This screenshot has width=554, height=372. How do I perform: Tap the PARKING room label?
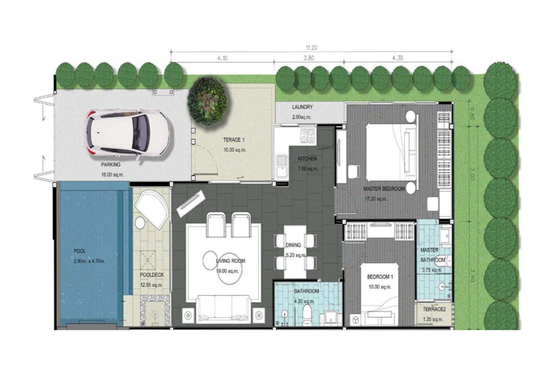pyautogui.click(x=111, y=165)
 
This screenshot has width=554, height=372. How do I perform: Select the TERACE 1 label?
pyautogui.click(x=234, y=141)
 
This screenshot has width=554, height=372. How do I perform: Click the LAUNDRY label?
pyautogui.click(x=302, y=107)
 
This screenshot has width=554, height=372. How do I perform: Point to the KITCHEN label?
pyautogui.click(x=307, y=159)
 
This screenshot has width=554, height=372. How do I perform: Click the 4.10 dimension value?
pyautogui.click(x=223, y=58)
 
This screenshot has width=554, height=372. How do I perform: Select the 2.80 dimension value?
pyautogui.click(x=309, y=58)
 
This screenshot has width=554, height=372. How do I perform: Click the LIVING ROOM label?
pyautogui.click(x=230, y=261)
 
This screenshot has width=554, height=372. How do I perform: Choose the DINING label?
pyautogui.click(x=294, y=245)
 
